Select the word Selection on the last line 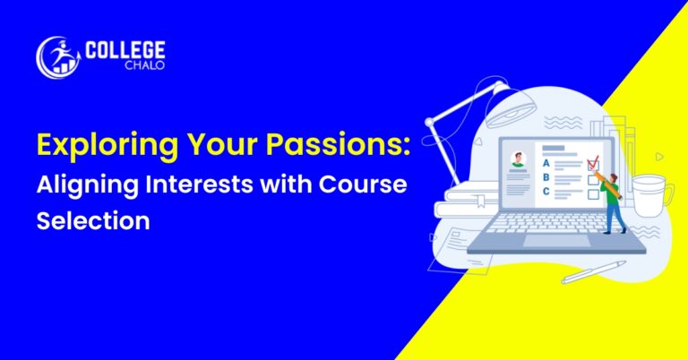[92, 220]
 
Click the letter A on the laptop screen [546, 164]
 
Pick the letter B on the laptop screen [546, 177]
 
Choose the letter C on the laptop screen [546, 191]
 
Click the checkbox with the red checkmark [592, 165]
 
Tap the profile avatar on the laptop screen [518, 159]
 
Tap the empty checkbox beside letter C [592, 192]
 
